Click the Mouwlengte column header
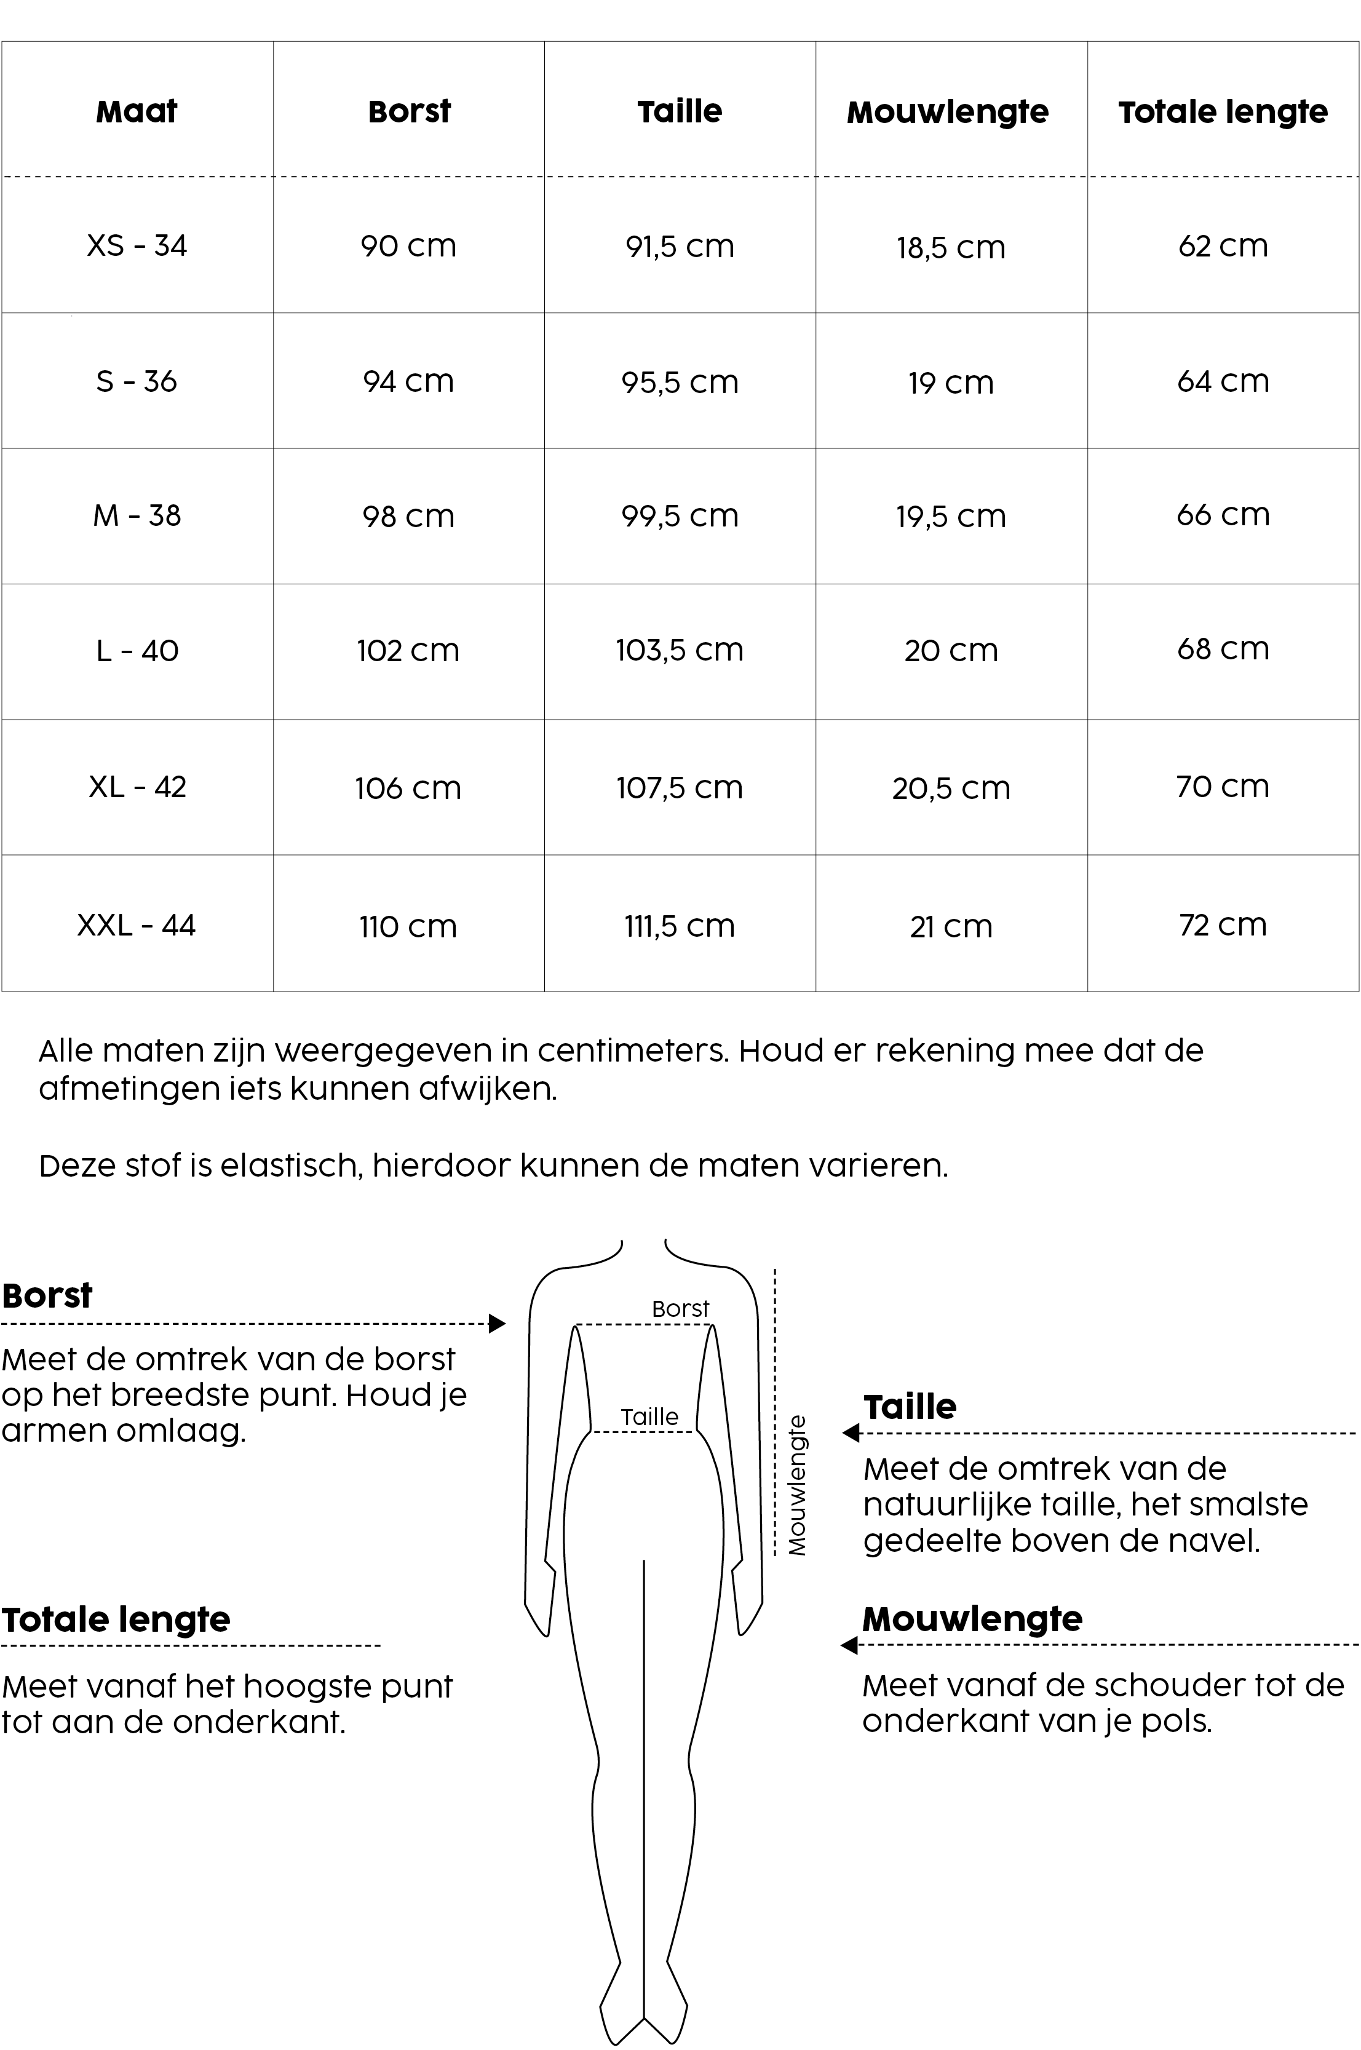pyautogui.click(x=948, y=112)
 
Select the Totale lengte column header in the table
pyautogui.click(x=1223, y=112)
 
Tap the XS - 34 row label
pyautogui.click(x=137, y=245)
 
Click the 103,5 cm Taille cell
pyautogui.click(x=680, y=650)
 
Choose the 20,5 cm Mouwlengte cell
pyautogui.click(x=951, y=788)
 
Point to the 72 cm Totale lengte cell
pyautogui.click(x=1223, y=924)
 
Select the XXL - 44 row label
pyautogui.click(x=137, y=925)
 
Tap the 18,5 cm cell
pyautogui.click(x=951, y=247)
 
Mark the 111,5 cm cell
pyautogui.click(x=680, y=926)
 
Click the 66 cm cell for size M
pyautogui.click(x=1223, y=515)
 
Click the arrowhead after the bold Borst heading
pyautogui.click(x=498, y=1324)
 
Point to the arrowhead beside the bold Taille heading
pyautogui.click(x=851, y=1433)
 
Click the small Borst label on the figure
pyautogui.click(x=680, y=1309)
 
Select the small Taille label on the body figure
pyautogui.click(x=649, y=1417)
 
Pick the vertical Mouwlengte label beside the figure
pyautogui.click(x=797, y=1485)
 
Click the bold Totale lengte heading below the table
pyautogui.click(x=116, y=1619)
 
